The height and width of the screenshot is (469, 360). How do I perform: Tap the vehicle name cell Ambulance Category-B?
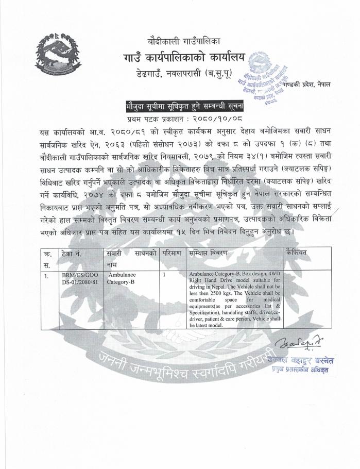click(122, 279)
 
